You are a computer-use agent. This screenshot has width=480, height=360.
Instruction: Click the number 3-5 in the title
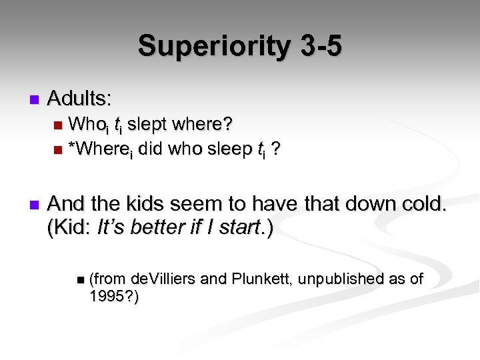[x=317, y=47]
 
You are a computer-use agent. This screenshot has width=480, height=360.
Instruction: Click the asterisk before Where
[x=72, y=148]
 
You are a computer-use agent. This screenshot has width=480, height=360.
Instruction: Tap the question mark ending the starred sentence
[x=276, y=149]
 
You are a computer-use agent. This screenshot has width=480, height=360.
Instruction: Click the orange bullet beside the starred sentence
[x=59, y=150]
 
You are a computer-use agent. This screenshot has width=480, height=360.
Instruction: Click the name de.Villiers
[x=164, y=279]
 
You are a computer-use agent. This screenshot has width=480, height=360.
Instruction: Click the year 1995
[x=106, y=297]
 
